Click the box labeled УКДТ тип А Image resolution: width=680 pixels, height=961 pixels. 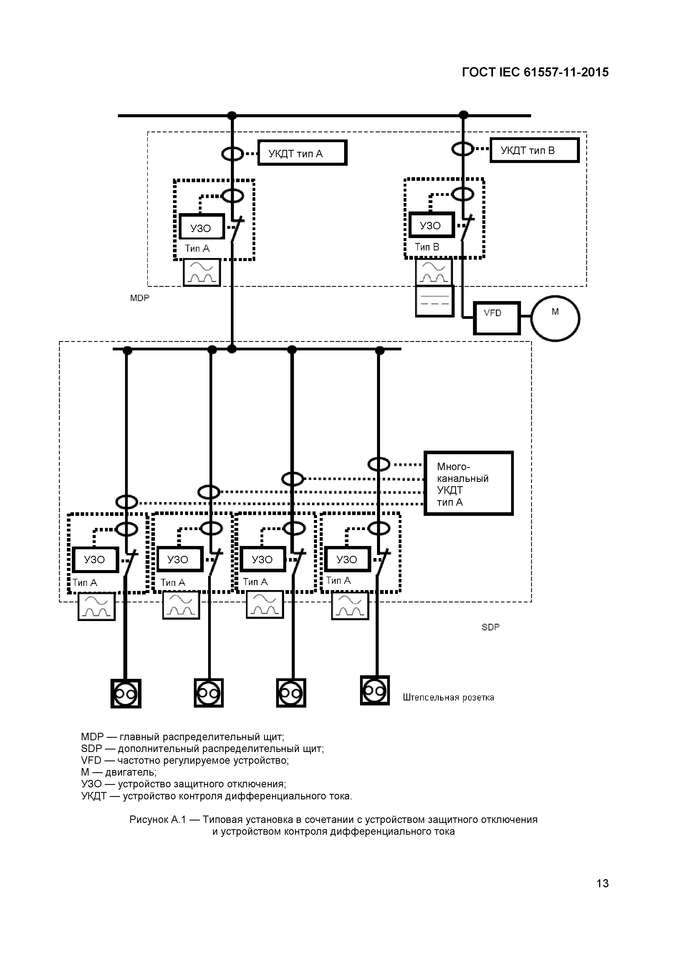[302, 153]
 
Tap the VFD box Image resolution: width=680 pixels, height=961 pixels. [497, 318]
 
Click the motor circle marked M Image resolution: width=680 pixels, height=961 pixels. [555, 318]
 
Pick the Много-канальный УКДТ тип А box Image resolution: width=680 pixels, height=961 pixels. [468, 484]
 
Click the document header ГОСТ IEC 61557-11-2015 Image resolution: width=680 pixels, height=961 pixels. [535, 72]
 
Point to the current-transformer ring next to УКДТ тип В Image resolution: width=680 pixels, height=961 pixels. [463, 148]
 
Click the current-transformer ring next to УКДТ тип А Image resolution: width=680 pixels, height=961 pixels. [233, 154]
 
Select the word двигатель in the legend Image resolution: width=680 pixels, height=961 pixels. [131, 772]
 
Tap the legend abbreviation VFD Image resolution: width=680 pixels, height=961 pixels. [91, 760]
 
